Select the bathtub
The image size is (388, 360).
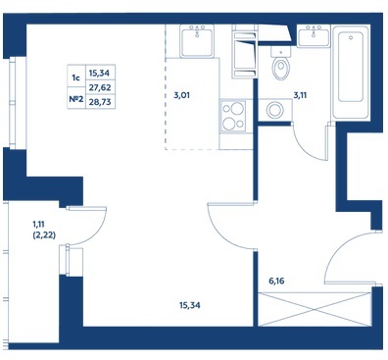[351, 72]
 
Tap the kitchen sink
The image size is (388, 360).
[197, 41]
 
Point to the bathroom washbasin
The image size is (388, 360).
[314, 35]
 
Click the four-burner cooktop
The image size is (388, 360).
[233, 116]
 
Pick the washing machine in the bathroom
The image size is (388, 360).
[274, 110]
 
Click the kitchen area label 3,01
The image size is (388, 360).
[181, 96]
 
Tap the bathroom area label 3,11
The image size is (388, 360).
[300, 95]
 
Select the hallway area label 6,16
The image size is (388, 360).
[276, 281]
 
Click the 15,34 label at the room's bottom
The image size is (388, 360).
[190, 305]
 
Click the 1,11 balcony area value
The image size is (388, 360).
[38, 225]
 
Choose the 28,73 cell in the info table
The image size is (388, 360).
[100, 102]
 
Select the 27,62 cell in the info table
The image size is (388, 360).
[100, 87]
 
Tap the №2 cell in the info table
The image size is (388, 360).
[76, 98]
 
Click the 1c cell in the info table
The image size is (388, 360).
[76, 77]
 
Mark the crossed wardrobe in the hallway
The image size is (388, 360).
[315, 309]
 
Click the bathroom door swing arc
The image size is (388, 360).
[306, 148]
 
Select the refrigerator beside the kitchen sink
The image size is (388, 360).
[245, 51]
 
